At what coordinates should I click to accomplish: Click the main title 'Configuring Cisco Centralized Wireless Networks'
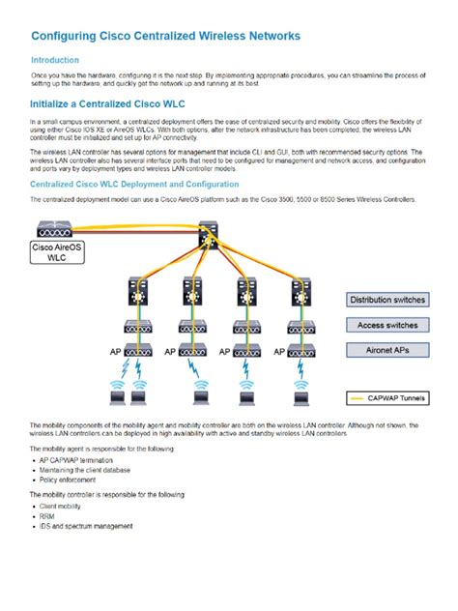pos(165,36)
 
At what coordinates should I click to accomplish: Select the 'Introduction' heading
pos(55,60)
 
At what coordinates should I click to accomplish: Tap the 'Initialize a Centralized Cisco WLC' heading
pos(107,103)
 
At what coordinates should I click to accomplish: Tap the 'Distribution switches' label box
pos(386,301)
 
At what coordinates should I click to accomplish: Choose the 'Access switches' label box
pos(386,326)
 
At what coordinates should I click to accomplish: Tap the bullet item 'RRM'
pos(47,517)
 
